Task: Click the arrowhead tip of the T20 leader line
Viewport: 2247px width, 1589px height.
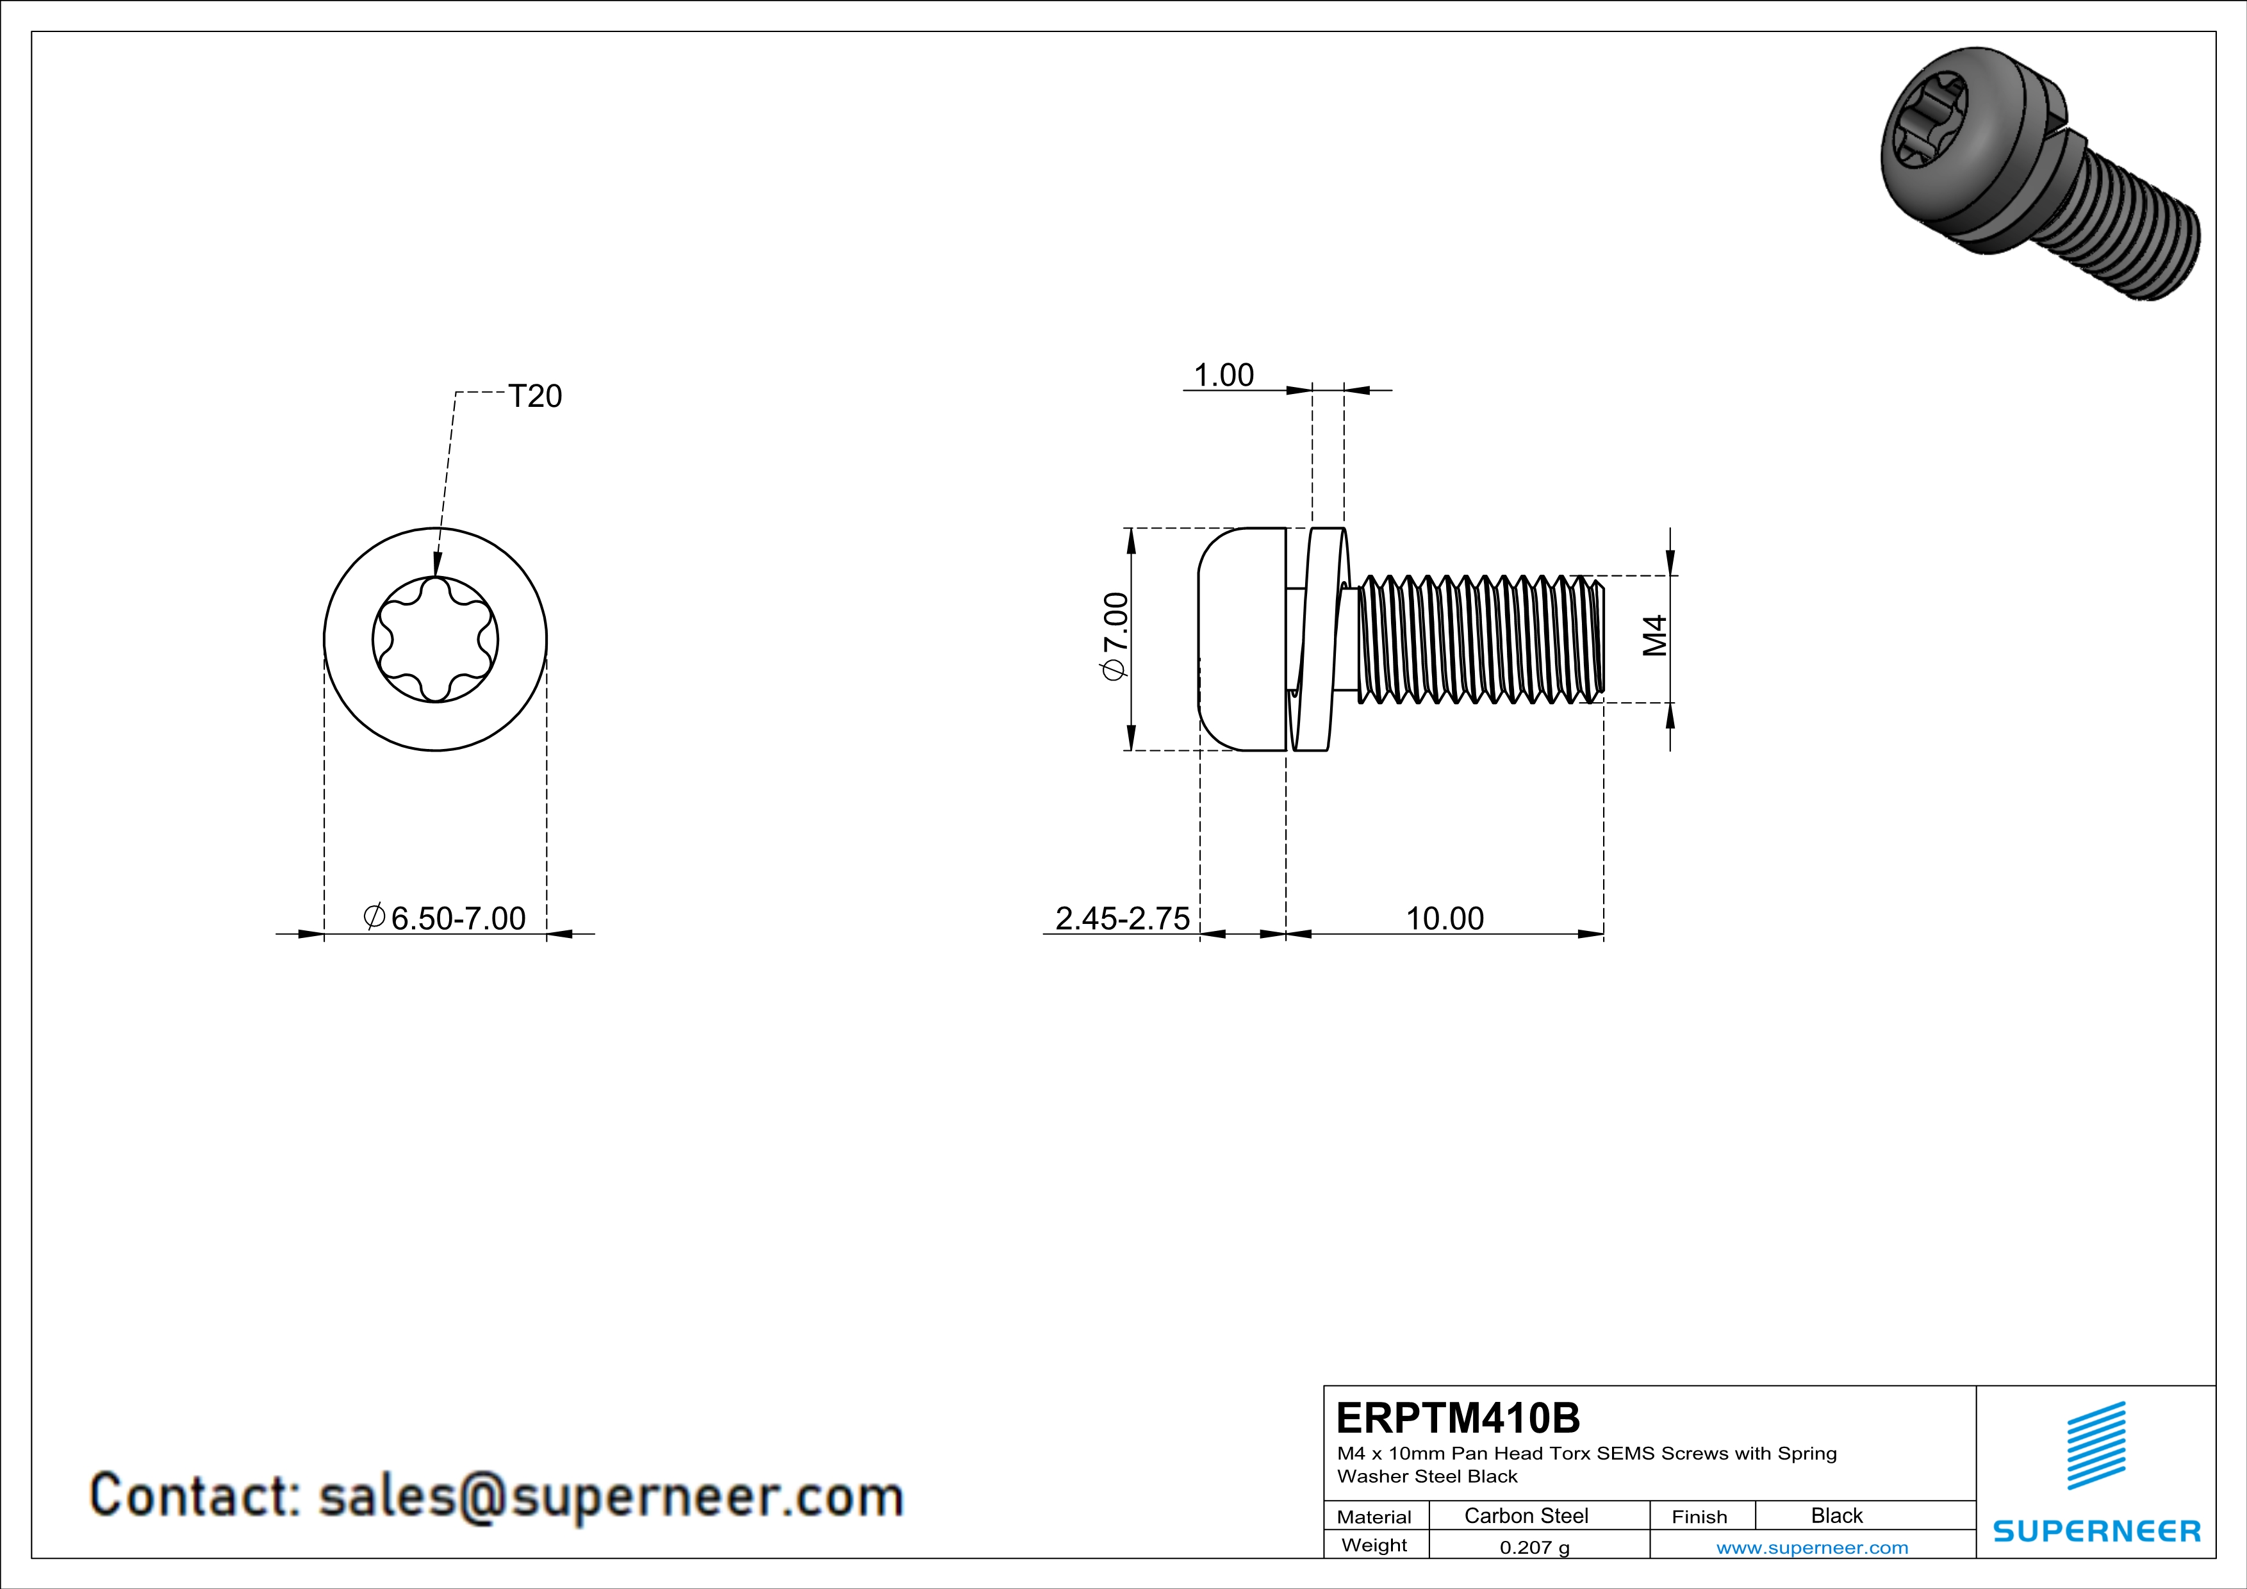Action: pyautogui.click(x=436, y=576)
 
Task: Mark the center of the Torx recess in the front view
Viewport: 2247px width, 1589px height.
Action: pyautogui.click(x=436, y=640)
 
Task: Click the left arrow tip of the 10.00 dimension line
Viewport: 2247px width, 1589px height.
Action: pyautogui.click(x=1287, y=934)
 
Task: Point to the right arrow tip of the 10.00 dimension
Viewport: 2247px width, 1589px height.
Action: pyautogui.click(x=1604, y=934)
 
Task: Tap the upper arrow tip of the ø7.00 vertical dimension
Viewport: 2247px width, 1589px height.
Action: pyautogui.click(x=1130, y=529)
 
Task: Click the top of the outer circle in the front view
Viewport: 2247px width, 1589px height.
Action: pyautogui.click(x=436, y=529)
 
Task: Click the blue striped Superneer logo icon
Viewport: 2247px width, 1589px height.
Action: pyautogui.click(x=2096, y=1445)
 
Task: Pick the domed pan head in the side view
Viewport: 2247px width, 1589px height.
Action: pyautogui.click(x=1242, y=640)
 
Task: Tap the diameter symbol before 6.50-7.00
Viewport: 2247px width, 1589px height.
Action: pyautogui.click(x=374, y=917)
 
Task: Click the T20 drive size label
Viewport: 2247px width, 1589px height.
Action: pyautogui.click(x=536, y=396)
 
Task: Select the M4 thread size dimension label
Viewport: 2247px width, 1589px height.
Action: pyautogui.click(x=1654, y=636)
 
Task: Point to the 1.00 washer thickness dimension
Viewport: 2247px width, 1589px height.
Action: pyautogui.click(x=1223, y=375)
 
